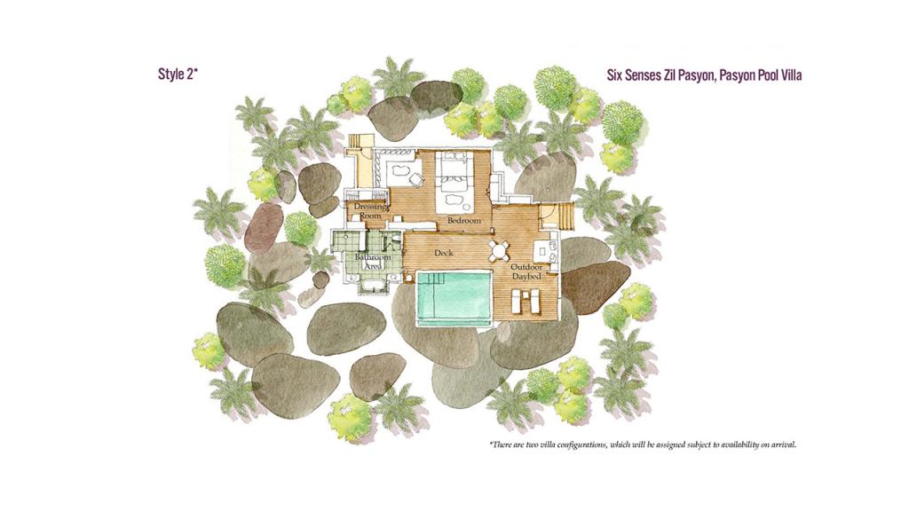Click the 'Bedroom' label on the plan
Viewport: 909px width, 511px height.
point(463,221)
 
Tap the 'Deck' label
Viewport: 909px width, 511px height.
point(444,253)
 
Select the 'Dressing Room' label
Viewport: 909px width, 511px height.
point(370,211)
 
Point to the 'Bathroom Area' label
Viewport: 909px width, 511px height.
point(373,262)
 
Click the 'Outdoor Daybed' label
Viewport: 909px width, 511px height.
point(526,271)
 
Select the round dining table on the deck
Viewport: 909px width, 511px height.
point(499,251)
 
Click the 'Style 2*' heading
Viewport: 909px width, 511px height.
point(178,75)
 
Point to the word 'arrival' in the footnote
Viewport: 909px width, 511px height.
point(783,445)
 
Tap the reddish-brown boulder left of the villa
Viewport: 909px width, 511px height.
point(264,225)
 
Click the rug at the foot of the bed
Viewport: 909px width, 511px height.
point(454,200)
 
